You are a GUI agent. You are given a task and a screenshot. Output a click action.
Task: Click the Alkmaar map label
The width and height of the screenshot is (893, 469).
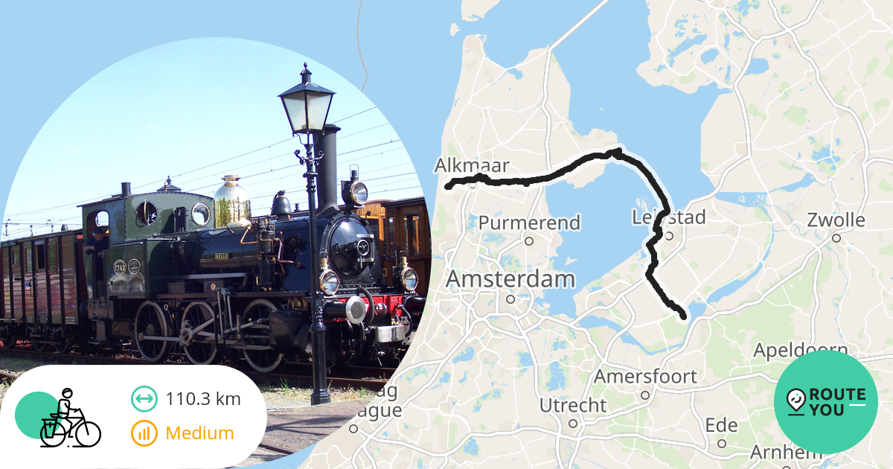472,165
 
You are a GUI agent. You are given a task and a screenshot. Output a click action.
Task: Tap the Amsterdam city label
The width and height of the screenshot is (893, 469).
510,280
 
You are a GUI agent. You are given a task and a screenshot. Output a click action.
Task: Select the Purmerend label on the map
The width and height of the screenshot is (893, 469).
529,223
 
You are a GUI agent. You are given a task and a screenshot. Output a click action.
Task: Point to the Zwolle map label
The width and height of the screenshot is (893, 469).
836,220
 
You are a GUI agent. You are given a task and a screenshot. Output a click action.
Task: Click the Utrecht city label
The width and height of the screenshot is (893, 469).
573,406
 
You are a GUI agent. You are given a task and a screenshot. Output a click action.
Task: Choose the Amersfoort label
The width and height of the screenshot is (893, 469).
645,377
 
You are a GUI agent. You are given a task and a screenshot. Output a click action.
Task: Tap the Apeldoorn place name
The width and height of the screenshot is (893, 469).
801,350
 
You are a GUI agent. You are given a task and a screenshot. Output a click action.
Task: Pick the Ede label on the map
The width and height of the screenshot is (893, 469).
721,426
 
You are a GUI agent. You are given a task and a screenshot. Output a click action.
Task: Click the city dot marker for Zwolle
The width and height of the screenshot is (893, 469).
836,238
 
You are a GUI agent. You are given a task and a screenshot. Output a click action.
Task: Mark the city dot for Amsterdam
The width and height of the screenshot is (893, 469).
510,299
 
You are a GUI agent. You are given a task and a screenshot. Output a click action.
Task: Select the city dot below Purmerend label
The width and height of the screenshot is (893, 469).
529,240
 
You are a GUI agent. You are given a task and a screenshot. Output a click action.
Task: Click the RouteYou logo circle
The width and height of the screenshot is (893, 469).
825,402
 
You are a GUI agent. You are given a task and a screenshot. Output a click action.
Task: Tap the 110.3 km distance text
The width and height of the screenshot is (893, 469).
203,399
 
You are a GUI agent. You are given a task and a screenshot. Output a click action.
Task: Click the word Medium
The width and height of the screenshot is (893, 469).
199,433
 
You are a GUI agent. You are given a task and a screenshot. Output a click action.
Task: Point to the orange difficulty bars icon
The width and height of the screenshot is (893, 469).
144,433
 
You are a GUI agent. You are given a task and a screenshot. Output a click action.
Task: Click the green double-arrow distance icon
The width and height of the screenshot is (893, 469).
144,399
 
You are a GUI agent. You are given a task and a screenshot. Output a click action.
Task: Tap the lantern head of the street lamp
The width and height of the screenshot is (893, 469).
307,103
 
